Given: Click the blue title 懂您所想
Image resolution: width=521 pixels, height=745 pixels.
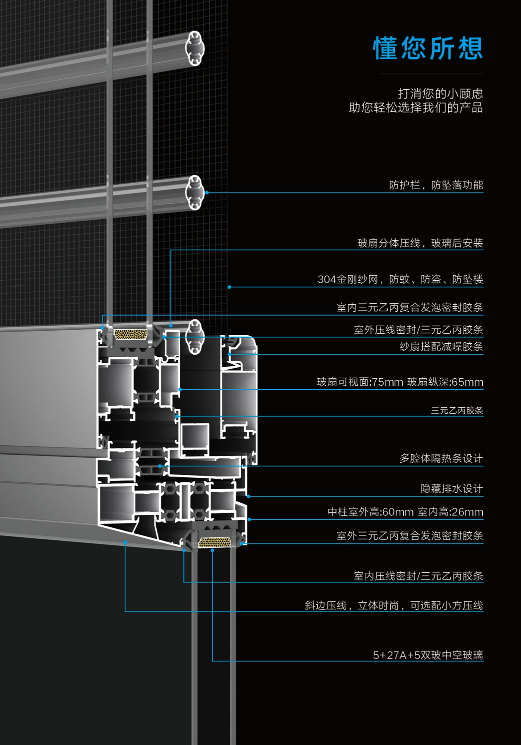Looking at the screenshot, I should point(428,48).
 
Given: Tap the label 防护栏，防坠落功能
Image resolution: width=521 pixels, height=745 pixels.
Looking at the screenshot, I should point(436,185).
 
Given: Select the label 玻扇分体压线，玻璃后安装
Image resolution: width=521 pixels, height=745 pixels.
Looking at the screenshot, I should point(420,243).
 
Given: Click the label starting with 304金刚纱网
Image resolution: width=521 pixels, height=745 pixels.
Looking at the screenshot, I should point(400,279).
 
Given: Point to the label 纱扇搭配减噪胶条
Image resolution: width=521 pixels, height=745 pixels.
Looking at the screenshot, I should point(441,347).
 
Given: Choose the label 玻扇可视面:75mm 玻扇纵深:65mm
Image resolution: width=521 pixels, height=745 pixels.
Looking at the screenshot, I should point(400,382).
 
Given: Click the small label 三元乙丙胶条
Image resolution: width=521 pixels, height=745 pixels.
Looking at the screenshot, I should point(457,411).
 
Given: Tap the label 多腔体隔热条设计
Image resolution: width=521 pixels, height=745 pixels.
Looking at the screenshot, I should point(441,458).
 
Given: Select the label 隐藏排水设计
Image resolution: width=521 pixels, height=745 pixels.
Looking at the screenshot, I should point(452,489).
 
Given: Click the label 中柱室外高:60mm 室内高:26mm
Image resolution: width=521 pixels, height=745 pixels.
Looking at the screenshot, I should point(405,512).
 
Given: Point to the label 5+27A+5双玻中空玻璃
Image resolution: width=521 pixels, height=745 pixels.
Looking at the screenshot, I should point(428,655).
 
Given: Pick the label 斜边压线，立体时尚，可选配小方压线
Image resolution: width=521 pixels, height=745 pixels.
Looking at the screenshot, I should point(394,605).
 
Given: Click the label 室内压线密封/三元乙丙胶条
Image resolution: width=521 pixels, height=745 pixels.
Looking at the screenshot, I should point(418,576).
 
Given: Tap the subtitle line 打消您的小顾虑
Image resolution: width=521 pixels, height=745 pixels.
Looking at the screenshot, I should point(440,93).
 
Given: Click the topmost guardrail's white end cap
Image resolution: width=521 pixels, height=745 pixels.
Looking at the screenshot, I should point(195,48).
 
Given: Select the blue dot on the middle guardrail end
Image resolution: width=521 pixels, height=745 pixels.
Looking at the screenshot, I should point(207,193).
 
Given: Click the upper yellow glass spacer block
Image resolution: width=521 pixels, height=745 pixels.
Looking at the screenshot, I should point(131,334).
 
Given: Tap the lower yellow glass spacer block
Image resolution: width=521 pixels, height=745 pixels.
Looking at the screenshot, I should point(214,542).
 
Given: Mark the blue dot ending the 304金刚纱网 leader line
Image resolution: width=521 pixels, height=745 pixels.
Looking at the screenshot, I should point(229,287).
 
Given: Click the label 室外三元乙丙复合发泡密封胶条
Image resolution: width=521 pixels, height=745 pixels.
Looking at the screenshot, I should point(410,536).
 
